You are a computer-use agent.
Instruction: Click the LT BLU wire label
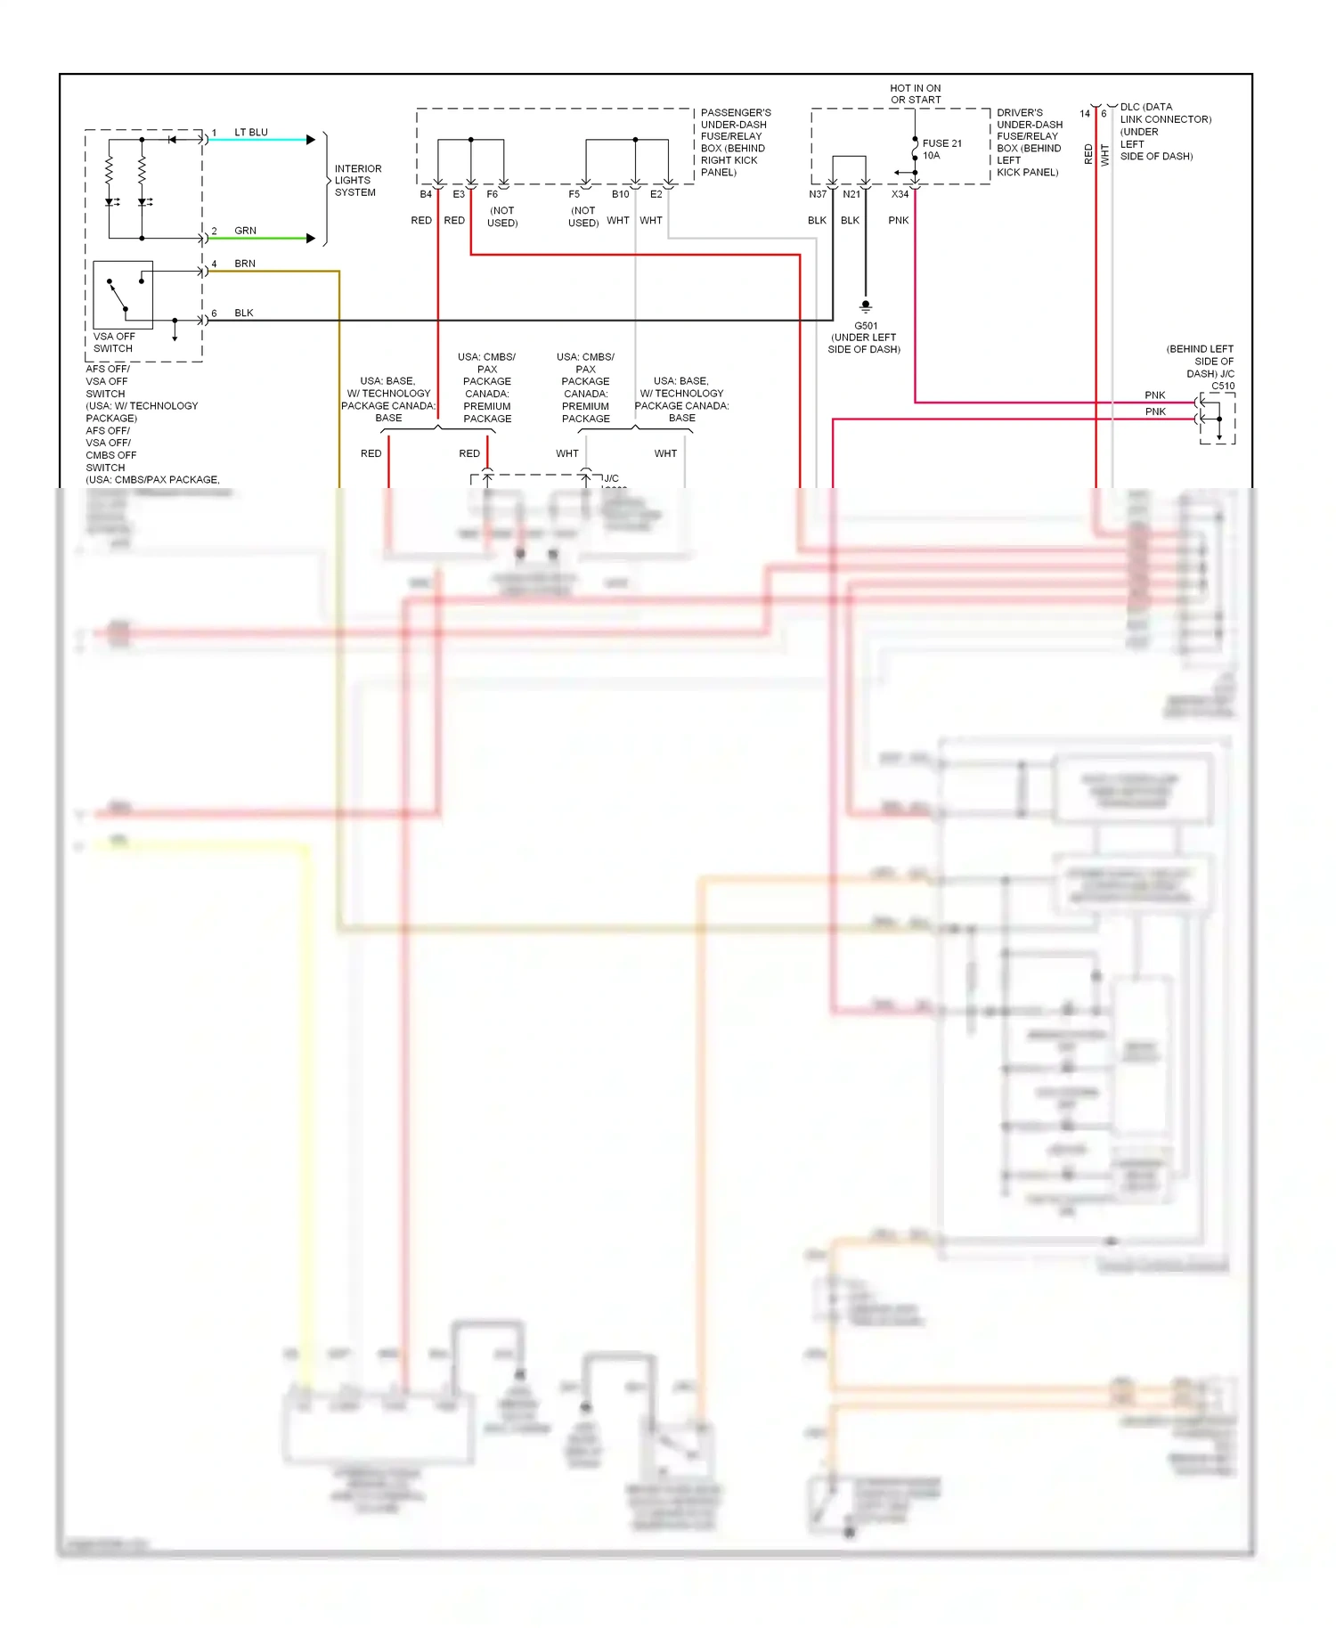[250, 133]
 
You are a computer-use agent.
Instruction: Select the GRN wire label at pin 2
[245, 231]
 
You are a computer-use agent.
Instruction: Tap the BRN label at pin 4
[244, 264]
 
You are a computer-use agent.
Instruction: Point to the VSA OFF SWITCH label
[114, 343]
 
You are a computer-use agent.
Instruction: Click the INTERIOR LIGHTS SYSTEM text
[357, 181]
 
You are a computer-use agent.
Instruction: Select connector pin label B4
[426, 194]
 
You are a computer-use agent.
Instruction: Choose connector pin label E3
[459, 194]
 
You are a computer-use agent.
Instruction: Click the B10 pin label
[620, 194]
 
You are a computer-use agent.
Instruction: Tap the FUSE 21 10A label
[941, 150]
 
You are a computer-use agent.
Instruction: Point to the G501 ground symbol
[865, 305]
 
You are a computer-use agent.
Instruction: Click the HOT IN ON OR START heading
[916, 94]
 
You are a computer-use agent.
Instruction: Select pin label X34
[900, 194]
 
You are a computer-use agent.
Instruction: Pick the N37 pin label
[818, 194]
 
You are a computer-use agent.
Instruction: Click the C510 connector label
[1223, 386]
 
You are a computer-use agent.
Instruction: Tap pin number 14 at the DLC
[1085, 114]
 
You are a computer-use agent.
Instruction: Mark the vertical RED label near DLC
[1088, 154]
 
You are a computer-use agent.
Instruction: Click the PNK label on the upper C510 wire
[1154, 395]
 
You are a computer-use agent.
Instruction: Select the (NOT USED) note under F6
[502, 217]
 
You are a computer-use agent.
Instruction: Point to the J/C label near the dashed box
[611, 478]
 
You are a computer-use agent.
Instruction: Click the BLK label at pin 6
[243, 313]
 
